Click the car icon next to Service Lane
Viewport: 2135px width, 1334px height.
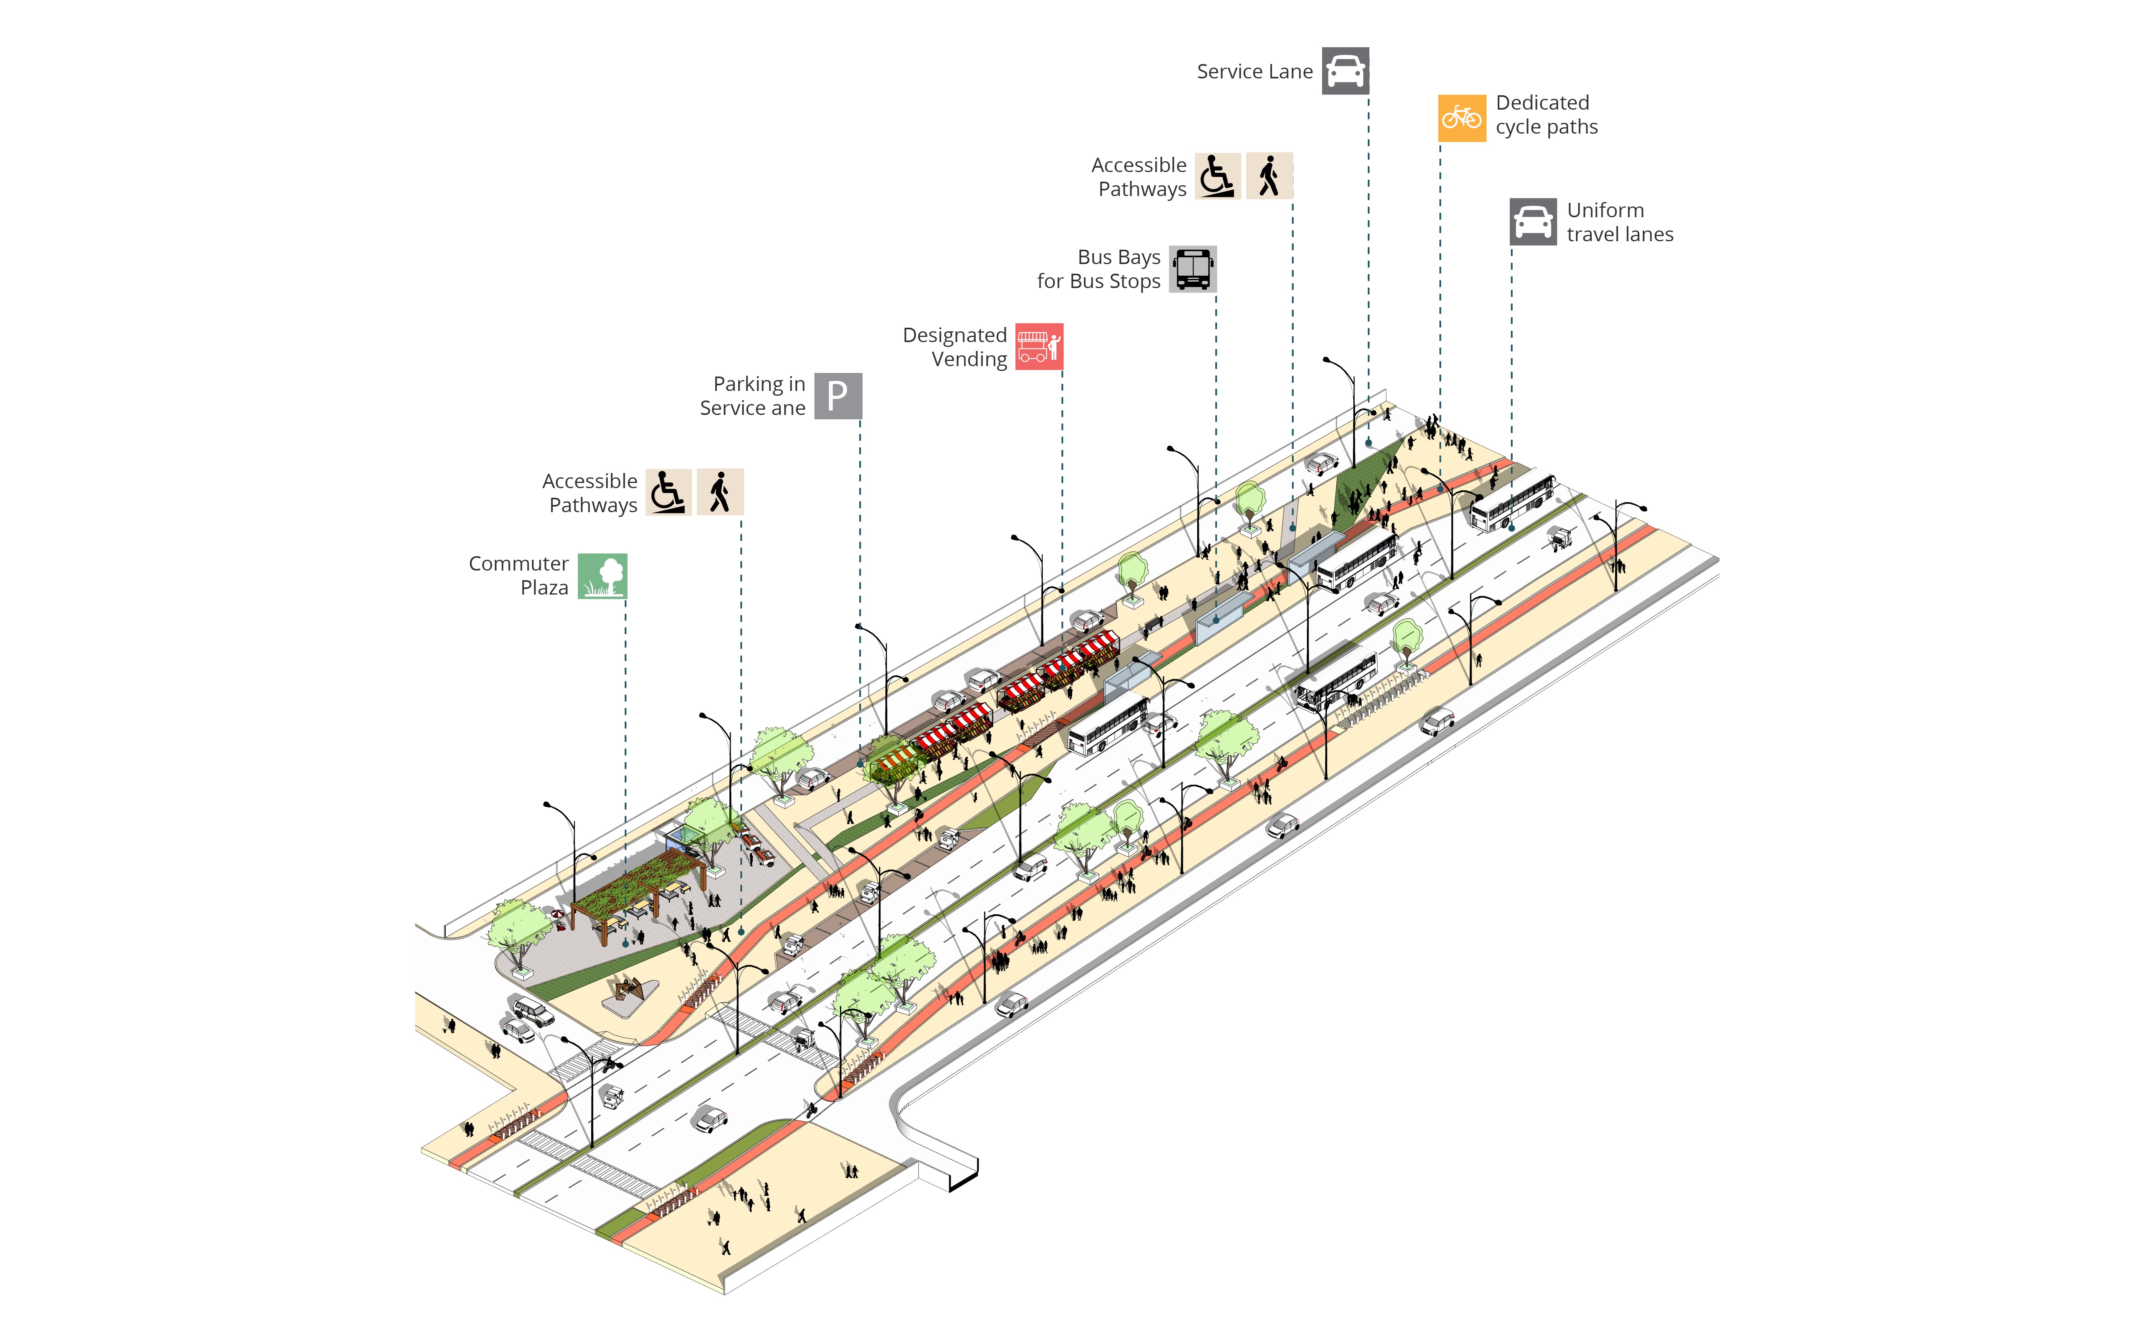[1344, 70]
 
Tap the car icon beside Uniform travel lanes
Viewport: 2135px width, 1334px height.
[1532, 221]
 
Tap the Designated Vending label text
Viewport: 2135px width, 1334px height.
[955, 347]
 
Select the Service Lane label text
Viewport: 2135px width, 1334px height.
[1254, 72]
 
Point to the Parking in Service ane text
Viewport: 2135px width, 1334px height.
[753, 396]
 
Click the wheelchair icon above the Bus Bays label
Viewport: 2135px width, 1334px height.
[1217, 176]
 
